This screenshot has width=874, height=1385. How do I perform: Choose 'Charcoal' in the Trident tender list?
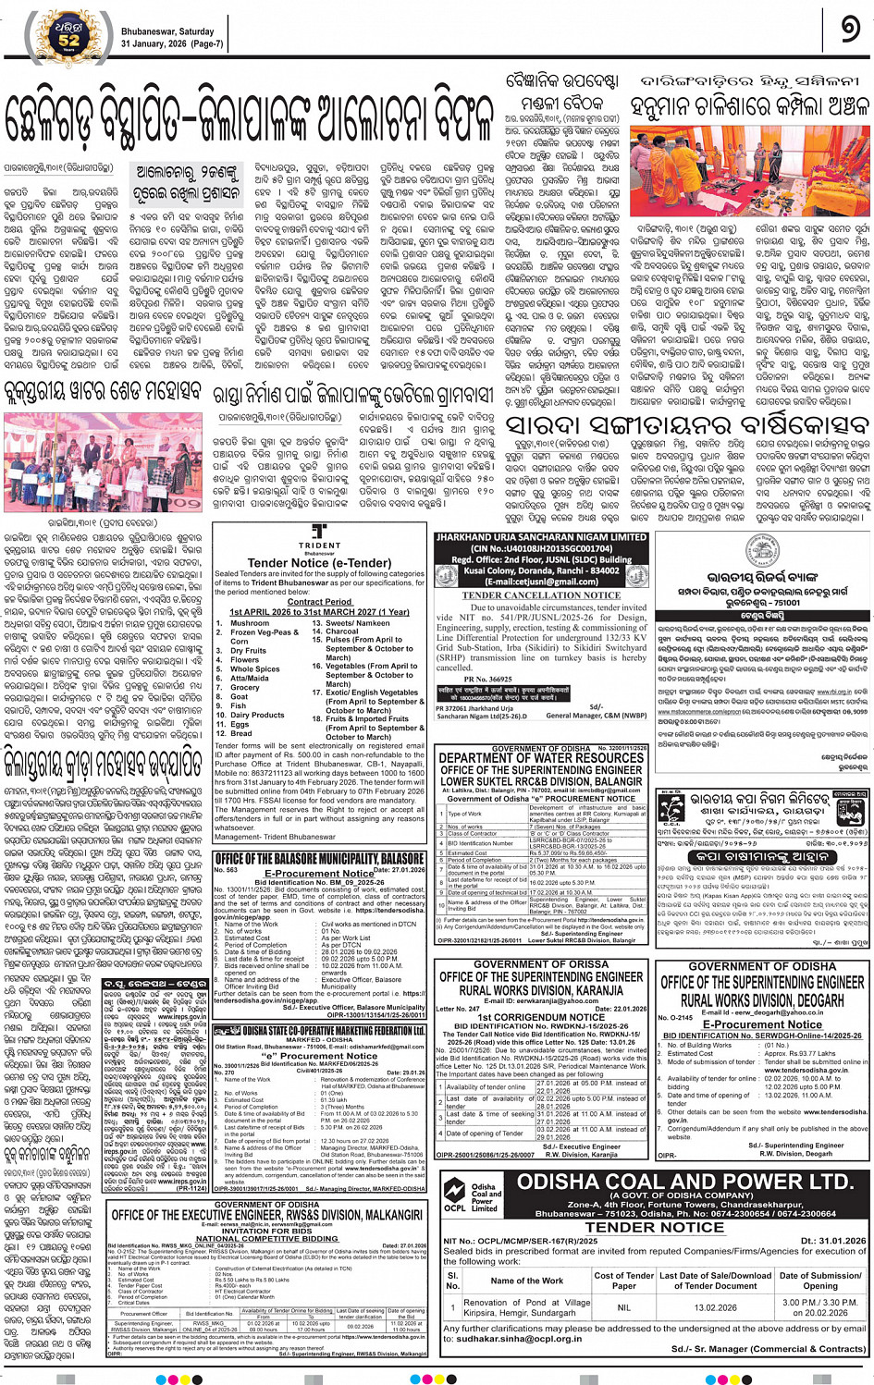[342, 631]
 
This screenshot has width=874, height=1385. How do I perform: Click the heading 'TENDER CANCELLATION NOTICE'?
[541, 595]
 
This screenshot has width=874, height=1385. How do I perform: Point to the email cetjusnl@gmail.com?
[541, 582]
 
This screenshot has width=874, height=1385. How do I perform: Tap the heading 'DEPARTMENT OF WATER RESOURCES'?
[541, 757]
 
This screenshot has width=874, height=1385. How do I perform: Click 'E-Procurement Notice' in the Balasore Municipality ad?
[319, 873]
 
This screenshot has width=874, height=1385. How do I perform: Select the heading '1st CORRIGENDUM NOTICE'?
[541, 1017]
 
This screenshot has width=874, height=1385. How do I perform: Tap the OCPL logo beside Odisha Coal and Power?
[454, 1195]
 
